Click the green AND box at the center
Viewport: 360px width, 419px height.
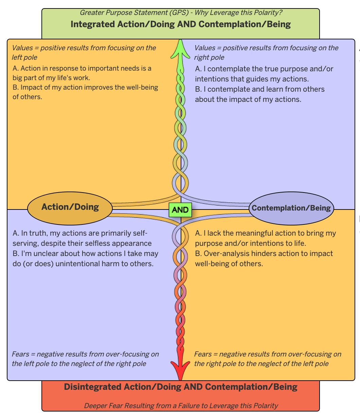point(180,210)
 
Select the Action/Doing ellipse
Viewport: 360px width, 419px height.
point(70,207)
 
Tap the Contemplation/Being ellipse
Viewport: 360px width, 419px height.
point(291,208)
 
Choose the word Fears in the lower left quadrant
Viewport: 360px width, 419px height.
point(20,354)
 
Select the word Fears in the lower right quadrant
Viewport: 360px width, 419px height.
point(203,354)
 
